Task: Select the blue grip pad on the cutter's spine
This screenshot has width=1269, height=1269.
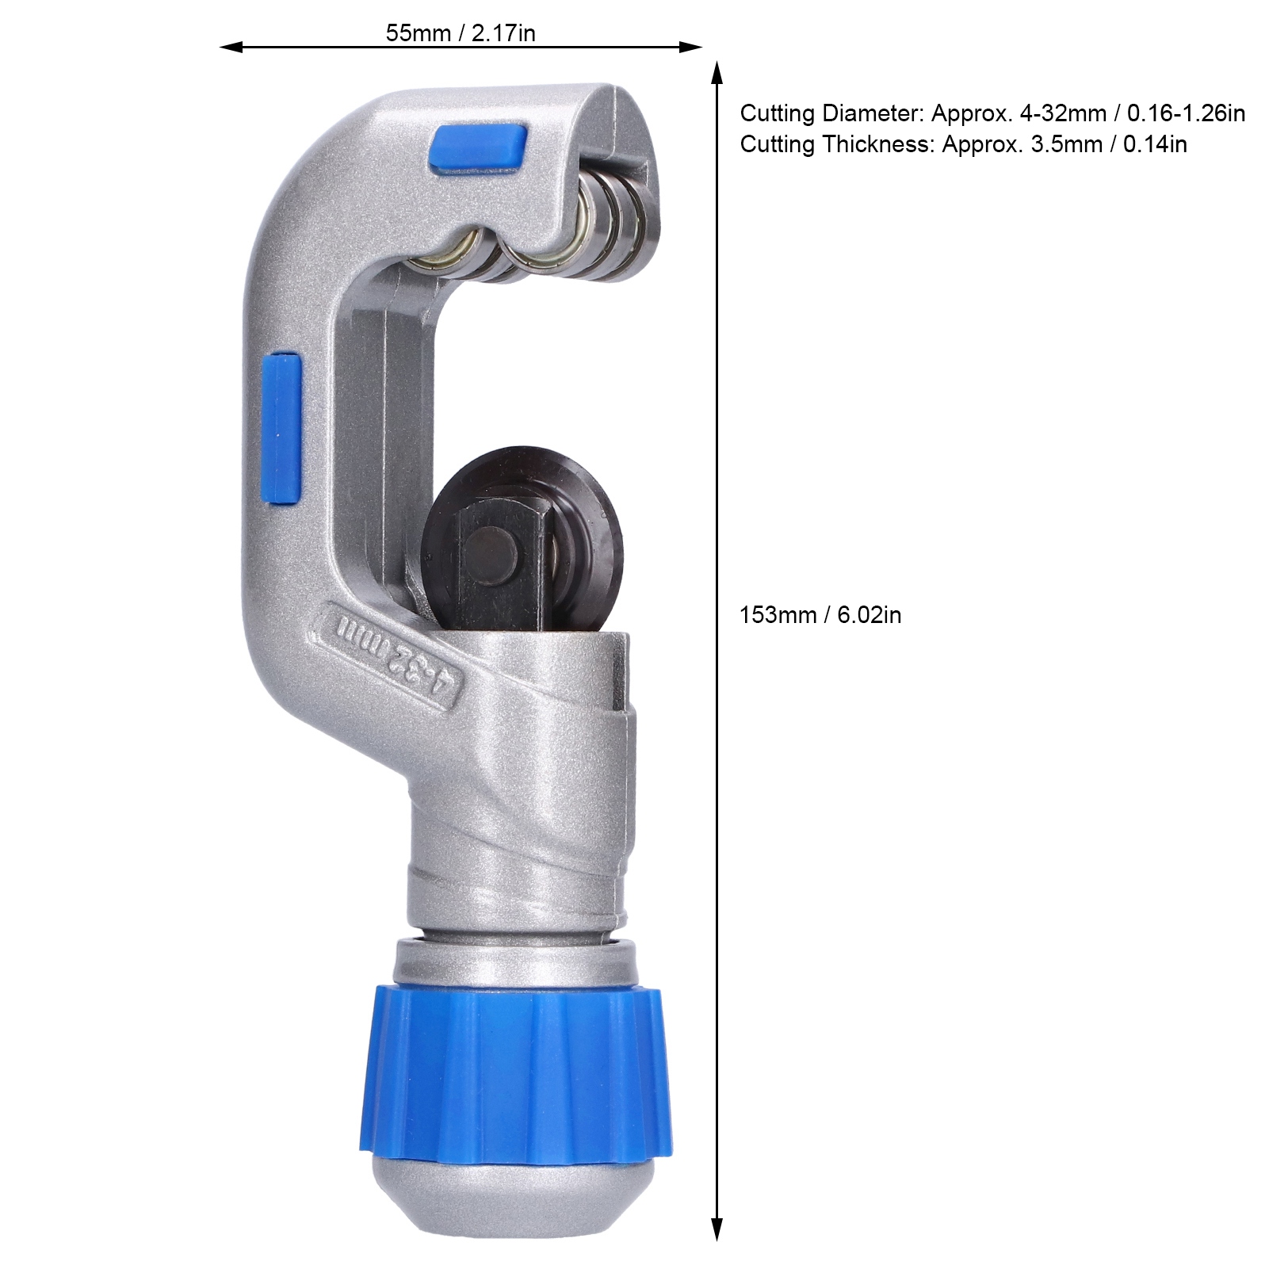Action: [x=282, y=429]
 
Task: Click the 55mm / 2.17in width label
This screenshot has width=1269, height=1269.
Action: [x=461, y=33]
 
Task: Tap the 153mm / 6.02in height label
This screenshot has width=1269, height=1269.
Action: [x=820, y=615]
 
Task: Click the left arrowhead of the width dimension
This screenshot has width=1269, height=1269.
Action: [x=230, y=48]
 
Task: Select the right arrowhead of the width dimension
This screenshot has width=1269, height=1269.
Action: [x=692, y=48]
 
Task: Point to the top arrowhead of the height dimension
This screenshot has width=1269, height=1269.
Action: [x=717, y=72]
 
